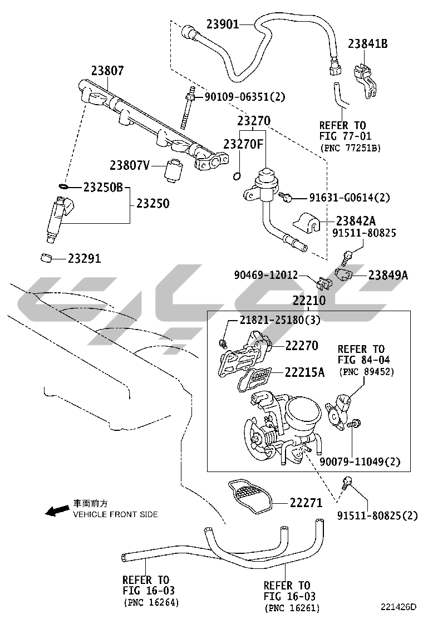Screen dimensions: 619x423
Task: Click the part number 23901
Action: pos(223,24)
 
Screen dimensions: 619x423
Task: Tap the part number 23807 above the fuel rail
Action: pos(108,71)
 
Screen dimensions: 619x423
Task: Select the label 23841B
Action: pos(368,43)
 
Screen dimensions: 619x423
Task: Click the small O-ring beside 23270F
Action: pos(237,177)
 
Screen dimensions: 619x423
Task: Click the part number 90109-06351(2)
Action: pos(244,97)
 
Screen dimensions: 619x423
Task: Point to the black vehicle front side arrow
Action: pos(56,511)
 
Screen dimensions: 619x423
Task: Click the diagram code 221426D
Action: pos(399,606)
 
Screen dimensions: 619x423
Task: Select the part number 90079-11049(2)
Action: pos(360,461)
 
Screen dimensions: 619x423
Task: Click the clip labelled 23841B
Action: pos(365,80)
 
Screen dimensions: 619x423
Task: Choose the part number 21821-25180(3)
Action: pos(280,320)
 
